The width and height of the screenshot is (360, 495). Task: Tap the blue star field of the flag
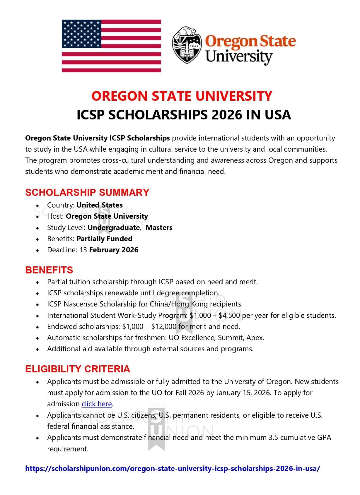pos(81,34)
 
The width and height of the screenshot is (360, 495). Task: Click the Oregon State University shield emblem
pos(187,45)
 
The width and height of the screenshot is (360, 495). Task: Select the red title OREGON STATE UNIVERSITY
pos(182,96)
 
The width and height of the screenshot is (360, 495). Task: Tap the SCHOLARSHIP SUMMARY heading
pos(87,192)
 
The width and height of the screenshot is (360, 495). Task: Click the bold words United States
pos(100,205)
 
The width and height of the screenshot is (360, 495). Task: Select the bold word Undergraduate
pos(114,227)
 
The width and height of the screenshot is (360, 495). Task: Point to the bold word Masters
pos(159,227)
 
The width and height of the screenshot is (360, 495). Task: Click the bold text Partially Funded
pos(104,239)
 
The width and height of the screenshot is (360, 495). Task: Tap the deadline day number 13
pos(83,250)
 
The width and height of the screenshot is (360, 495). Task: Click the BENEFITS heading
pos(49,270)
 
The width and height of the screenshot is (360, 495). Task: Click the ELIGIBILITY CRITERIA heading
pos(78,369)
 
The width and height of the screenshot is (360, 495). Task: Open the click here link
pos(97,404)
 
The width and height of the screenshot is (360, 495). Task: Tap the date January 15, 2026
pos(243,393)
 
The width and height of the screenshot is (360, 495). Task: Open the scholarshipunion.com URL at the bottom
pos(173,468)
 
